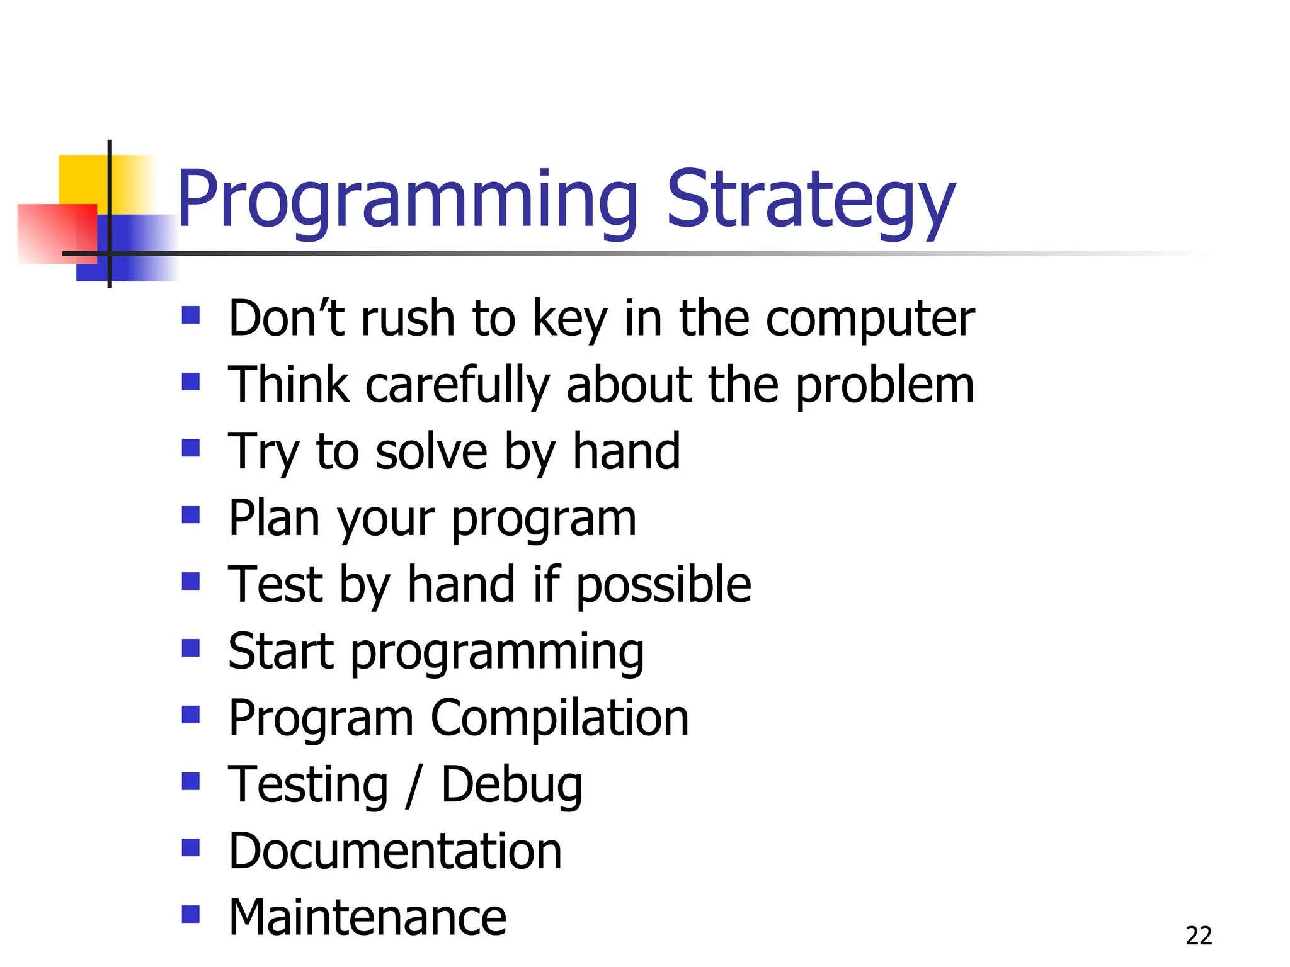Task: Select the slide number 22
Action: click(1198, 936)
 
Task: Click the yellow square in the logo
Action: click(82, 179)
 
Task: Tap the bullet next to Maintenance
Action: click(190, 913)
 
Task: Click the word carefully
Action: click(458, 385)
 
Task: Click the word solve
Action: click(431, 452)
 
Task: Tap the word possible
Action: click(663, 585)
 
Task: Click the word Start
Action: click(280, 652)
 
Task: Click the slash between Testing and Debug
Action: click(413, 786)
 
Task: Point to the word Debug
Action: click(511, 786)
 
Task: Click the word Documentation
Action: click(395, 851)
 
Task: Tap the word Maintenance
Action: click(367, 918)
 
